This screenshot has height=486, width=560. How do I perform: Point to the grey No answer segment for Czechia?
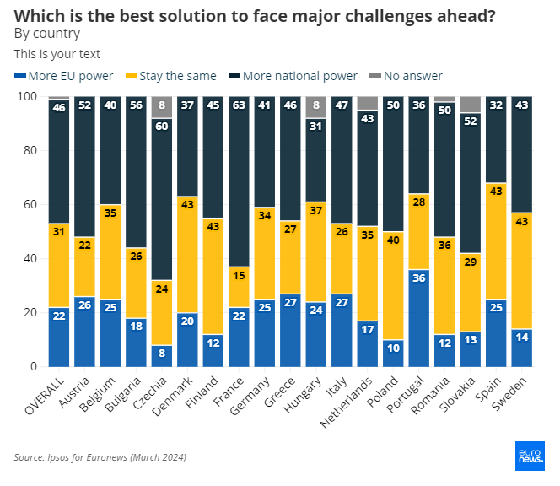pyautogui.click(x=163, y=107)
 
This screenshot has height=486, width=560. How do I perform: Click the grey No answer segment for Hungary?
pyautogui.click(x=315, y=107)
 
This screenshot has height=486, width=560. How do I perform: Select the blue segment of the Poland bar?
pyautogui.click(x=392, y=353)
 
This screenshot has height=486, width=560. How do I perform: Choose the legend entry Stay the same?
pyautogui.click(x=170, y=76)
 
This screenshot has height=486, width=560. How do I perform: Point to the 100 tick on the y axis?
pyautogui.click(x=28, y=97)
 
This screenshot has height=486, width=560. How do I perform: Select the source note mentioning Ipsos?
pyautogui.click(x=100, y=457)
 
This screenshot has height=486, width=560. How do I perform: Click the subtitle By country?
pyautogui.click(x=47, y=34)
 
